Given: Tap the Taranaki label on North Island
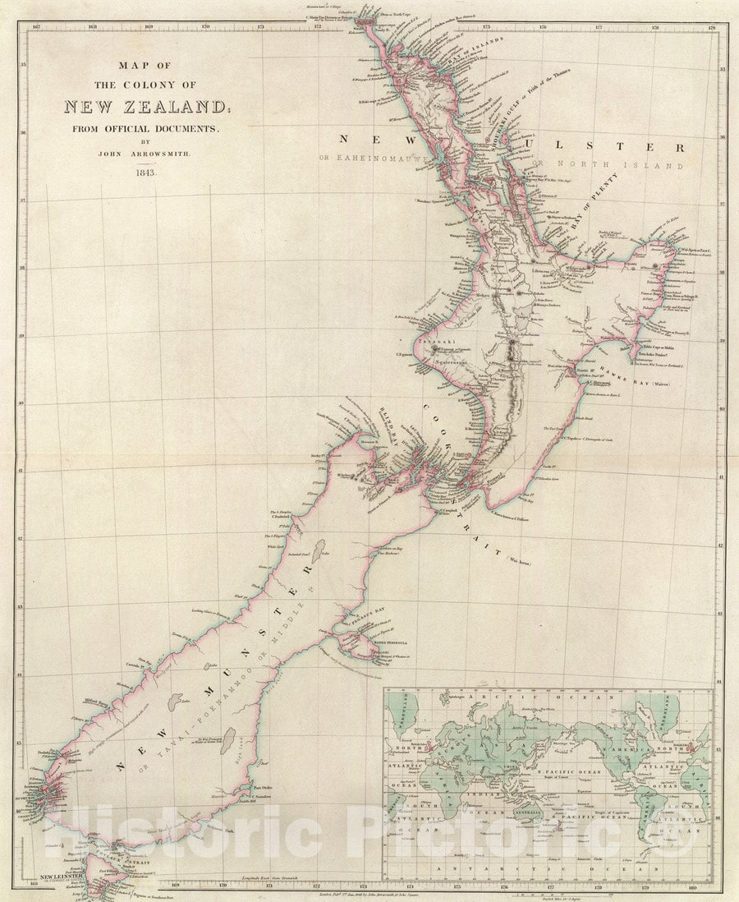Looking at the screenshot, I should (x=431, y=339).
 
